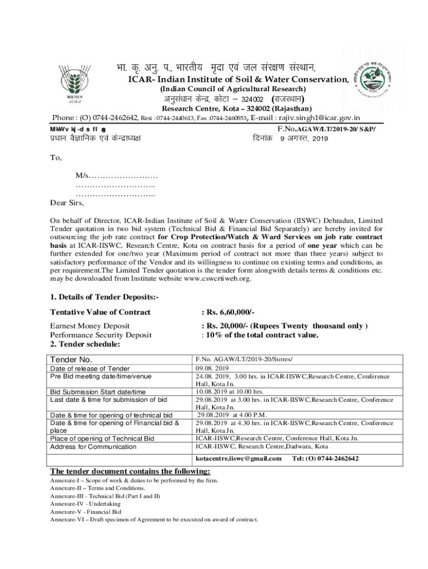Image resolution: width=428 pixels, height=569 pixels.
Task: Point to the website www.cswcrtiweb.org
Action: (x=214, y=278)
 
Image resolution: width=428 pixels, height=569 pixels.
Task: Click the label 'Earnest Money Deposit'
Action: (x=90, y=326)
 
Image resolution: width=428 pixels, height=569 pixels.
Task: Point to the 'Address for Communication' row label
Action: (x=93, y=446)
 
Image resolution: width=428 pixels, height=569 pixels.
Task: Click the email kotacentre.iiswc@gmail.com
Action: (x=239, y=458)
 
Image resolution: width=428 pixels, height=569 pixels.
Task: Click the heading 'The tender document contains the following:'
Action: (x=130, y=471)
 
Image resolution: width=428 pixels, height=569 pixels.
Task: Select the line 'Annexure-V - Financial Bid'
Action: (x=86, y=511)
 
